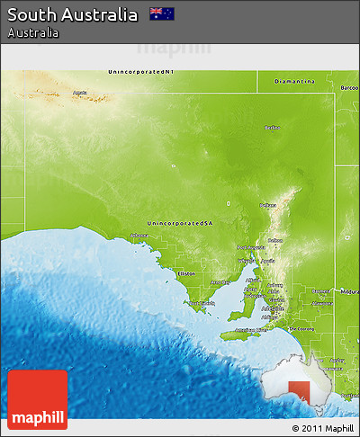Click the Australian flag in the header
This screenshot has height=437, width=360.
pyautogui.click(x=162, y=13)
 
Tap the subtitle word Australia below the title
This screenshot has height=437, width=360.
pyautogui.click(x=33, y=32)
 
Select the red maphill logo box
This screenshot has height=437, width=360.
pyautogui.click(x=37, y=399)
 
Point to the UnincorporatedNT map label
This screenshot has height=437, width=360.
pyautogui.click(x=140, y=71)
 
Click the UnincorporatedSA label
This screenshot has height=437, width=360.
pyautogui.click(x=181, y=222)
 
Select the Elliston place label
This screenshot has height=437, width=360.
pyautogui.click(x=186, y=273)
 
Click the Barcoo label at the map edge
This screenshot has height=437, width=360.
pyautogui.click(x=349, y=87)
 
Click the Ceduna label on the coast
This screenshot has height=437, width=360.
pyautogui.click(x=139, y=236)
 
